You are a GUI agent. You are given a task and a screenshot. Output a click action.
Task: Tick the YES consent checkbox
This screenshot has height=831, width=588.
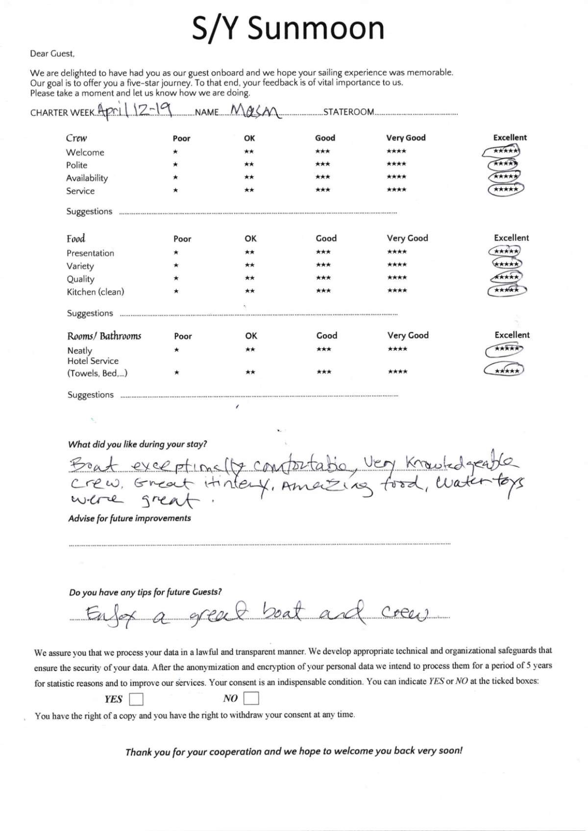[136, 699]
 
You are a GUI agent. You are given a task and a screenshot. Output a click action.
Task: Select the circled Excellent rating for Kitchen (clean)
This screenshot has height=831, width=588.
[507, 291]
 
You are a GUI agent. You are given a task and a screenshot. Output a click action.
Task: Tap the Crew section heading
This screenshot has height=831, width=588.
[76, 138]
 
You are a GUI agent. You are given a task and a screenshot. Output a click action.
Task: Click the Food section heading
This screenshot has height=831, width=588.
[76, 239]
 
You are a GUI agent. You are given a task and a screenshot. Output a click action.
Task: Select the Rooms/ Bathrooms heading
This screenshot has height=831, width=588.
[104, 336]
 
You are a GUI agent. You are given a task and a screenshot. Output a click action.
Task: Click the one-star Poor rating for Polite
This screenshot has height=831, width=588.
[175, 165]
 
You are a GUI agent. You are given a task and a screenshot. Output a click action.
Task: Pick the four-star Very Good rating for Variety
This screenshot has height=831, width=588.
[396, 265]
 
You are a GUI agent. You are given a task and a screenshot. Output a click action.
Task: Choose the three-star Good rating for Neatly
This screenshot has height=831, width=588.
[323, 349]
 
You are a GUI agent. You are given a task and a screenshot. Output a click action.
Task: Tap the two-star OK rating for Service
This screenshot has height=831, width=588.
[249, 190]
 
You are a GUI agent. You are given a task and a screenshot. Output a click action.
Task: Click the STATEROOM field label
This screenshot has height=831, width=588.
[348, 112]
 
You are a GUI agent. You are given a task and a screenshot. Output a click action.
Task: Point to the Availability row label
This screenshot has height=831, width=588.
[87, 178]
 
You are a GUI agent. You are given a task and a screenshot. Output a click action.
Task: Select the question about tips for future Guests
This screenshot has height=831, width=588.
[145, 592]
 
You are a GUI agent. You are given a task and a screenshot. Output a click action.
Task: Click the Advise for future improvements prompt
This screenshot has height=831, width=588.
[129, 518]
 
